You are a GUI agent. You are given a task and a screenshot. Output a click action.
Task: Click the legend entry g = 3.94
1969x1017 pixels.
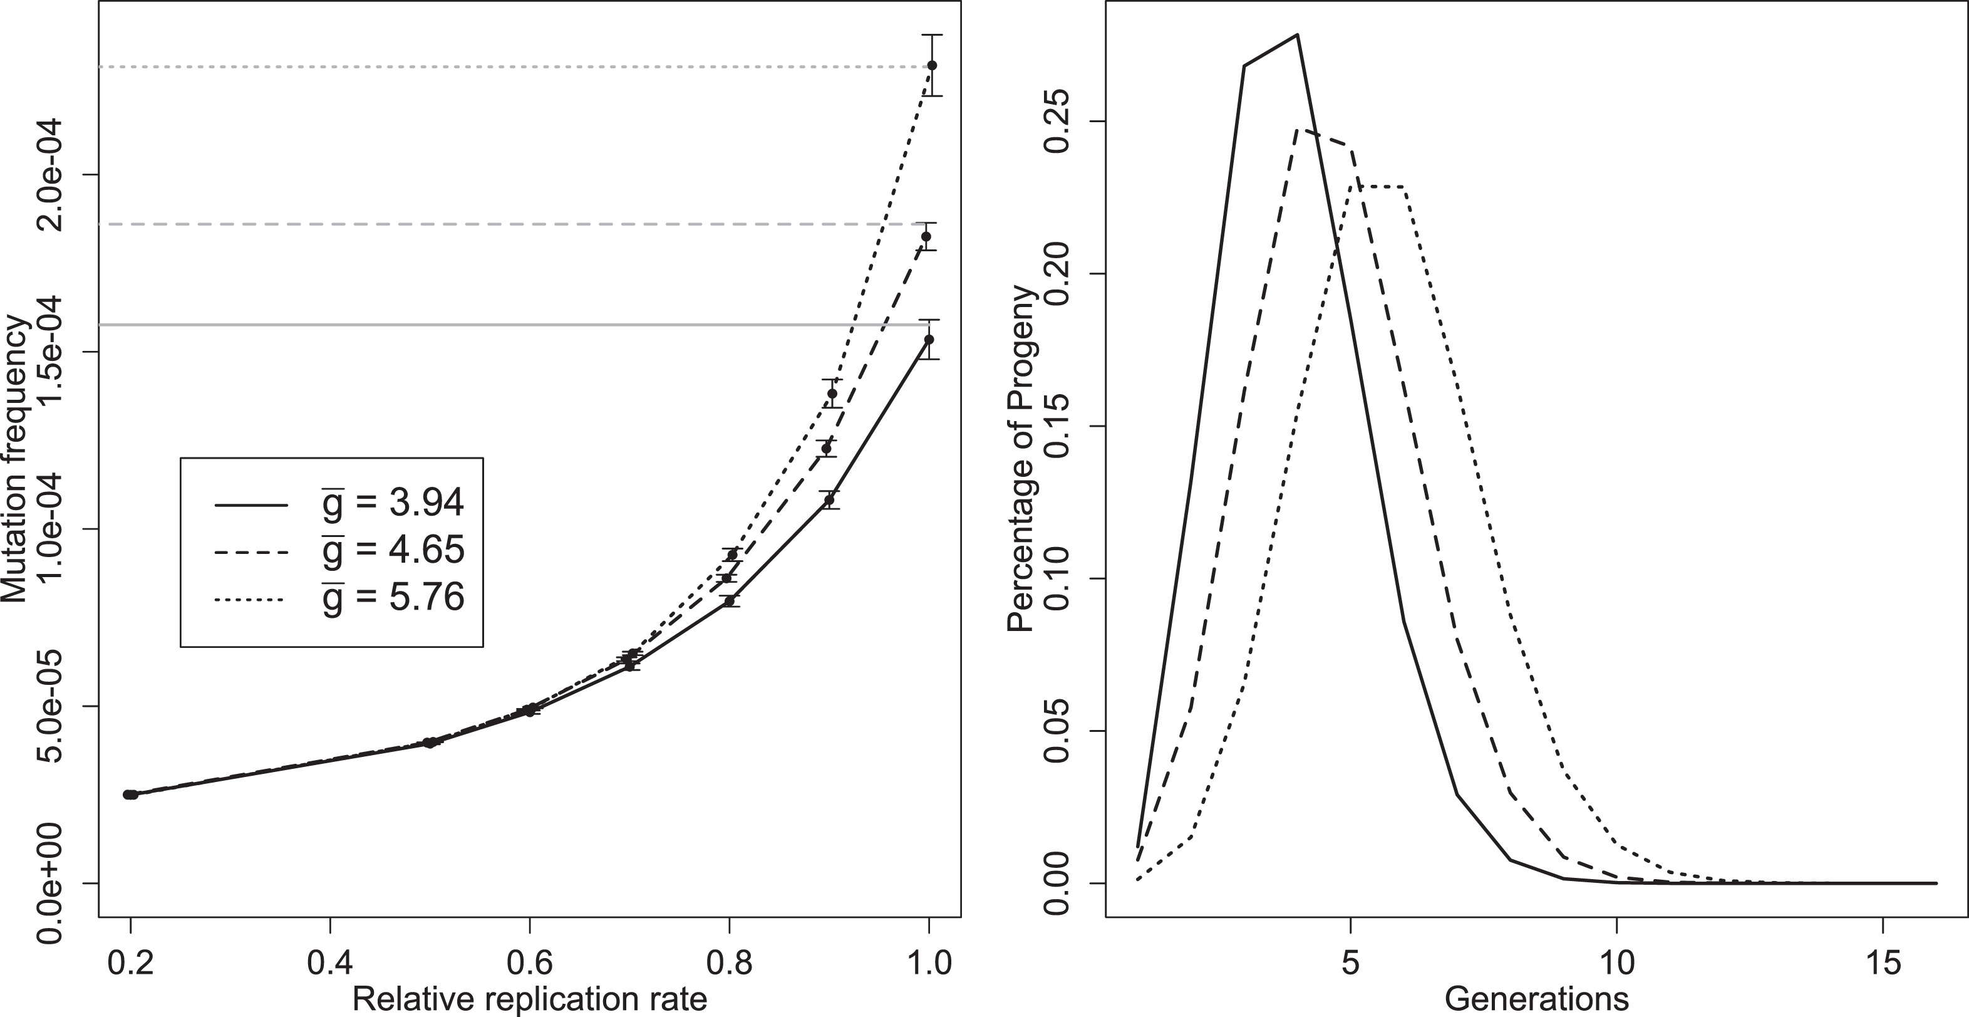[x=391, y=503]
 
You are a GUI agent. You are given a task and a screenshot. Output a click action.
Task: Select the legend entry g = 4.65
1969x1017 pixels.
[x=391, y=550]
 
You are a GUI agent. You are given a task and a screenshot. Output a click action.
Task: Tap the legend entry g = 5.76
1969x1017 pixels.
[x=391, y=597]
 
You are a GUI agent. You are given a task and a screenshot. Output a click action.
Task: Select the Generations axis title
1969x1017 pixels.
[x=1536, y=999]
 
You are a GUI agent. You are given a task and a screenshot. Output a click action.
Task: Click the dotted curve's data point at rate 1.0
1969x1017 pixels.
[x=932, y=66]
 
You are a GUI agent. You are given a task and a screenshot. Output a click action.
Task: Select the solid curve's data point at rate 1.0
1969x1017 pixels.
[x=929, y=339]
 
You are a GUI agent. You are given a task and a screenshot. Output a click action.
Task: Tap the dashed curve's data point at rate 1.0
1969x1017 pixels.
[x=926, y=236]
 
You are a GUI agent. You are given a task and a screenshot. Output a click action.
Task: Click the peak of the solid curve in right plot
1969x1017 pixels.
[x=1297, y=34]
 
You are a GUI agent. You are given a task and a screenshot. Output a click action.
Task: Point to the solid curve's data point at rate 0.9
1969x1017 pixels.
[x=829, y=500]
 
